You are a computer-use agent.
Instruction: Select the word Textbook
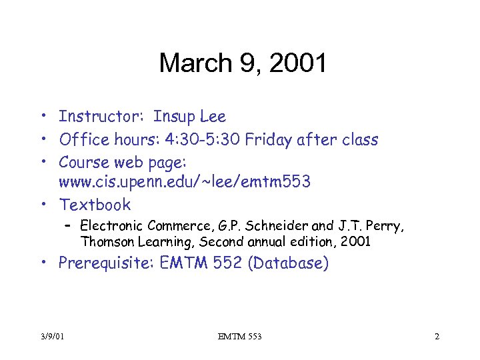(x=95, y=205)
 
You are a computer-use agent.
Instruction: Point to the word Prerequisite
(x=107, y=263)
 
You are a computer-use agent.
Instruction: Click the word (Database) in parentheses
(x=288, y=263)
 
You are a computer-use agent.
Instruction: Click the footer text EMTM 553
(x=240, y=337)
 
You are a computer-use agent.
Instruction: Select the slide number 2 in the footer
(x=437, y=337)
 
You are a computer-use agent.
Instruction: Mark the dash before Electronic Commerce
(x=68, y=225)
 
